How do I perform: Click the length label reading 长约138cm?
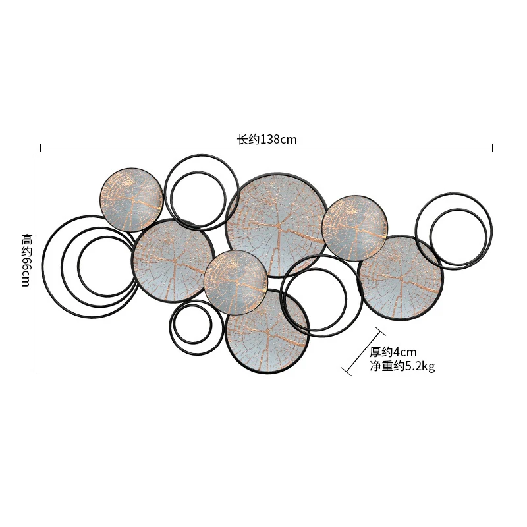point(267,139)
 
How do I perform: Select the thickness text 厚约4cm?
point(393,352)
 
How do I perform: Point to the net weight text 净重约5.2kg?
point(402,366)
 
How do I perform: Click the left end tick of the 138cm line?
point(41,148)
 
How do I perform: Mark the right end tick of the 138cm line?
point(492,148)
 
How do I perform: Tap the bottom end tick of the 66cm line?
point(36,374)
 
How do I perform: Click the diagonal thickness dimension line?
point(362,350)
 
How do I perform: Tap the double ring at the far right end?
point(455,231)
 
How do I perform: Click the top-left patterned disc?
point(132,198)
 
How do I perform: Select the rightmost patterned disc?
point(401,277)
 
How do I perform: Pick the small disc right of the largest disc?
point(354,227)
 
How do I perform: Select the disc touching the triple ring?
point(173,260)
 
